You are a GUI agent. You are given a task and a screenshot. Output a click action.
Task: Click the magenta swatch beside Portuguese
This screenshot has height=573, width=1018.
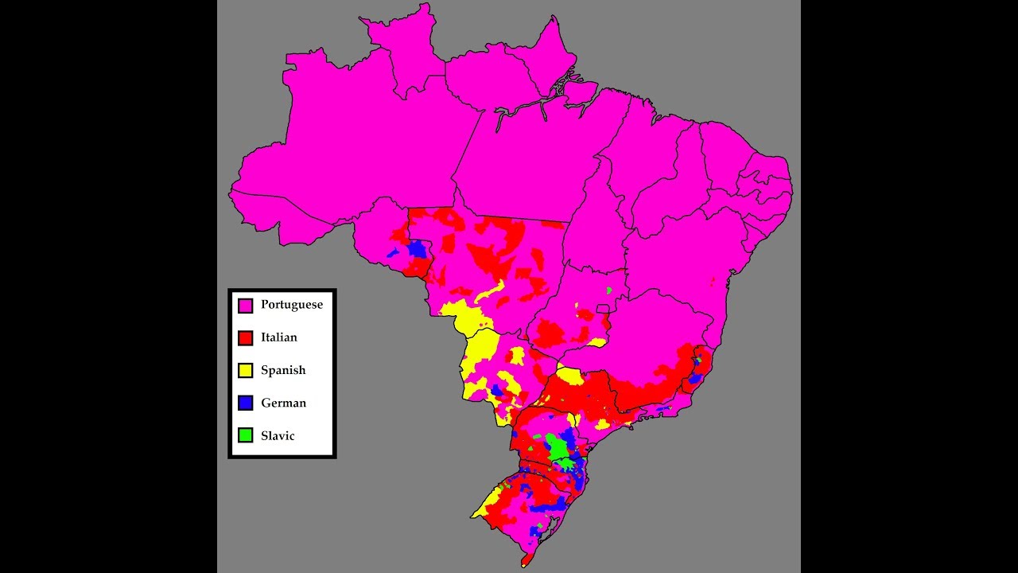(246, 306)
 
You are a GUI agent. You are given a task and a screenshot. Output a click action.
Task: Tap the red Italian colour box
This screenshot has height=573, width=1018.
(246, 338)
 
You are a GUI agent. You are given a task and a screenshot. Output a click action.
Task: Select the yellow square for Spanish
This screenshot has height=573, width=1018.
(246, 371)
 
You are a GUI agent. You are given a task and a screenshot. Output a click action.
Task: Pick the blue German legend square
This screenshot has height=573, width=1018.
(246, 403)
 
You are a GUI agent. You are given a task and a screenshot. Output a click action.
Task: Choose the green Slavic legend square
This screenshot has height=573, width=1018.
(246, 436)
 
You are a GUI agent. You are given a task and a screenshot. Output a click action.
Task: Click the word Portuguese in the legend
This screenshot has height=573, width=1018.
(291, 305)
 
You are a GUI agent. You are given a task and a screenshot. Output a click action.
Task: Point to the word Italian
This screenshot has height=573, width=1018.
(278, 337)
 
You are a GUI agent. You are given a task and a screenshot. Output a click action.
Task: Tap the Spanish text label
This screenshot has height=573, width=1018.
(282, 370)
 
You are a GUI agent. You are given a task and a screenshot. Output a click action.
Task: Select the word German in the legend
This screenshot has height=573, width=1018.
(283, 403)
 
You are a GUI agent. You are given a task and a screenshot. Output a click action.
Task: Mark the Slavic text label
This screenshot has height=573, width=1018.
(278, 435)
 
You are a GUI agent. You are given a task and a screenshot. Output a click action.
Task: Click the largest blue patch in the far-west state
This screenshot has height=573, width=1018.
(417, 248)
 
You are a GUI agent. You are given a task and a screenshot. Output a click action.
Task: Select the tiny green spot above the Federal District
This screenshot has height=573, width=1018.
(609, 290)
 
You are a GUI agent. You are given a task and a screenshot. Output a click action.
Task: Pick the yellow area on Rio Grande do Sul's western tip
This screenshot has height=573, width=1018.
(487, 503)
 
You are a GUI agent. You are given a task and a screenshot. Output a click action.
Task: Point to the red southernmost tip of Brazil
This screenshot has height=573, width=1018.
(525, 562)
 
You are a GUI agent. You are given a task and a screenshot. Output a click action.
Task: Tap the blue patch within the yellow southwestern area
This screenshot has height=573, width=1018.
(496, 390)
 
